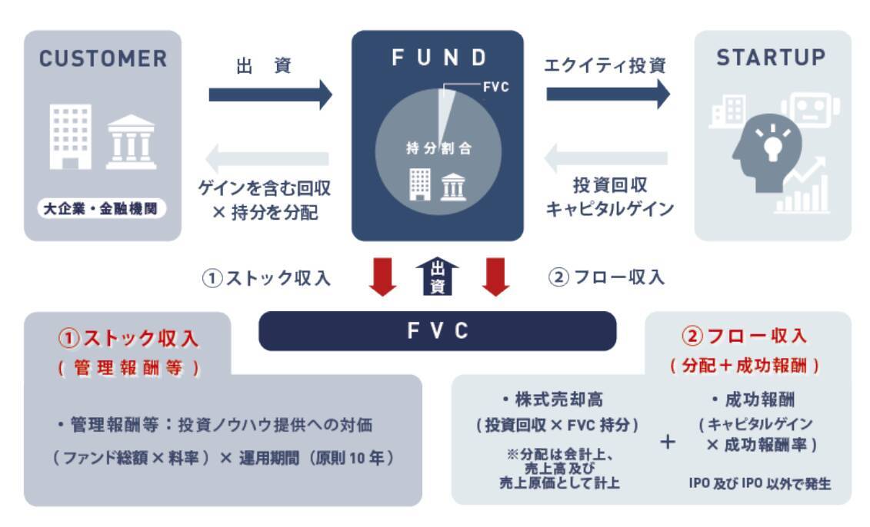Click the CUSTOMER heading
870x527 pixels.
coord(102,58)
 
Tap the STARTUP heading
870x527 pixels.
coord(771,58)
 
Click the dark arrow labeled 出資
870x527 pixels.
coord(270,94)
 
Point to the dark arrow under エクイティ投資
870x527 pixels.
coord(608,94)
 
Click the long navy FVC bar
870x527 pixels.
coord(438,330)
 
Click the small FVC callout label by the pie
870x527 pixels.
coord(495,88)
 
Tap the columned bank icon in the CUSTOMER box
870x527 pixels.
coord(131,142)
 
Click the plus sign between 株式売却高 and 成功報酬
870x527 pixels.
coord(668,443)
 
